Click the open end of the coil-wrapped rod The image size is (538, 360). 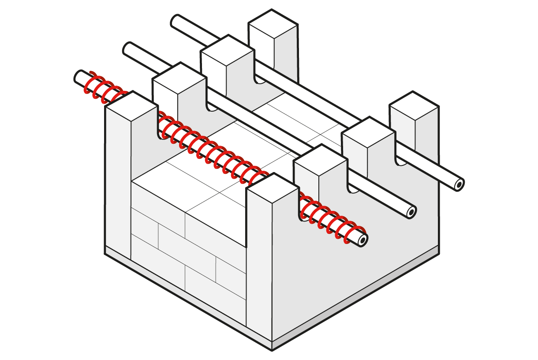[362, 240]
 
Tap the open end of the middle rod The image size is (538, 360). [411, 213]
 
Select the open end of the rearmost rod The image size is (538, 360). [459, 184]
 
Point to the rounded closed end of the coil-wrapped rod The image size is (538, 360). [78, 76]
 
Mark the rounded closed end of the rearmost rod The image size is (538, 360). [176, 20]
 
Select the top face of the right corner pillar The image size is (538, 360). [414, 106]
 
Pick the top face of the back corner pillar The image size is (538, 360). [272, 24]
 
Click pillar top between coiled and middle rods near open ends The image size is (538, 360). [321, 161]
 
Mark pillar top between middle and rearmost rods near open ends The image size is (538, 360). [368, 132]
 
